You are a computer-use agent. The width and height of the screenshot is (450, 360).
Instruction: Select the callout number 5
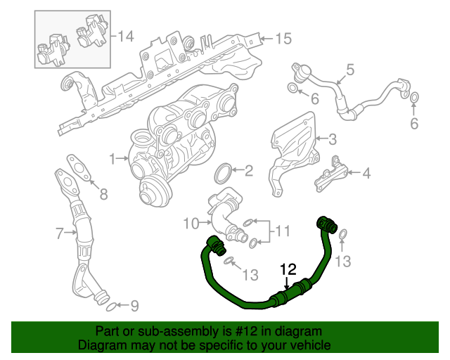tap(349, 70)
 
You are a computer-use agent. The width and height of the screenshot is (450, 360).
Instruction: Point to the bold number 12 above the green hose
tap(289, 269)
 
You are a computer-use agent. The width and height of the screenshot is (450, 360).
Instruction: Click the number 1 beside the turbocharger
tap(112, 158)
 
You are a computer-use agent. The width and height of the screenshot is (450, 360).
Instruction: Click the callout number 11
tap(281, 231)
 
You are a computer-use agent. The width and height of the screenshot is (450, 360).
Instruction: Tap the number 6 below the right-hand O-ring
tap(414, 124)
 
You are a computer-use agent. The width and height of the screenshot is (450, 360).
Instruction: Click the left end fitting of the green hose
tap(214, 245)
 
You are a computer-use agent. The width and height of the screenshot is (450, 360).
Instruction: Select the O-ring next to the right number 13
tap(342, 234)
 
